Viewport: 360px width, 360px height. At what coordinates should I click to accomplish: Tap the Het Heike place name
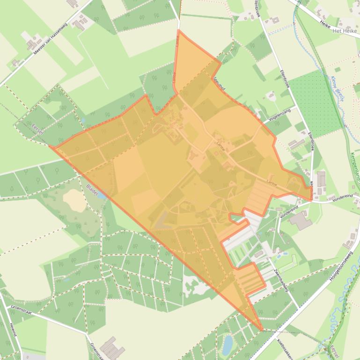coord(345,30)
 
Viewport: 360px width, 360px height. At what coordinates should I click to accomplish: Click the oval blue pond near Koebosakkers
coord(227,345)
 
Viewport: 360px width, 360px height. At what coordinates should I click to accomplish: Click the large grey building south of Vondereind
coord(300,220)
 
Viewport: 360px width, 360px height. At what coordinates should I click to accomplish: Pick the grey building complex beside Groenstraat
coord(112,348)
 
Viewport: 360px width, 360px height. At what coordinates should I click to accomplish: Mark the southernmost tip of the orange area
coord(261,331)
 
